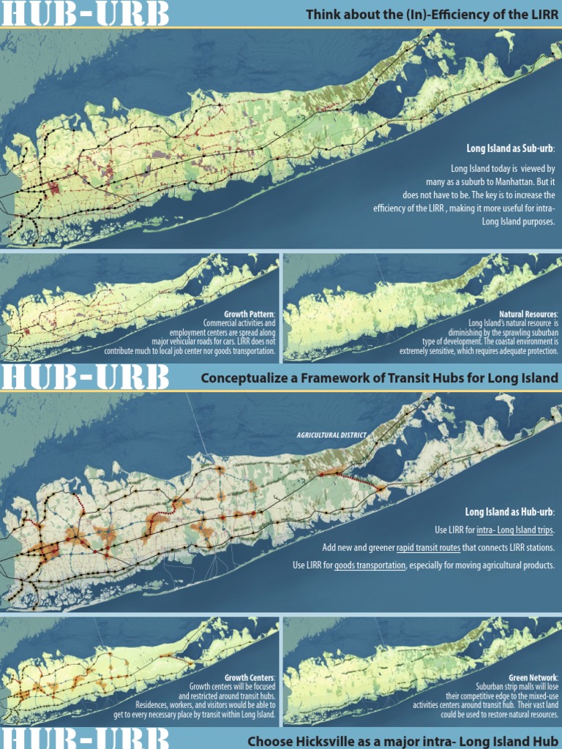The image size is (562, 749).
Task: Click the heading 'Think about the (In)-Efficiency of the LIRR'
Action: (x=432, y=15)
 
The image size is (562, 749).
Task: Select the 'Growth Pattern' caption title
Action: (x=249, y=314)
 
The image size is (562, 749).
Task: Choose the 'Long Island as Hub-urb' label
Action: (x=509, y=511)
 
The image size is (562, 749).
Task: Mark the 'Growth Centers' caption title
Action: (x=249, y=678)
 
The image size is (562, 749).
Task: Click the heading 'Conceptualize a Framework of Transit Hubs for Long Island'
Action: (x=379, y=378)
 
